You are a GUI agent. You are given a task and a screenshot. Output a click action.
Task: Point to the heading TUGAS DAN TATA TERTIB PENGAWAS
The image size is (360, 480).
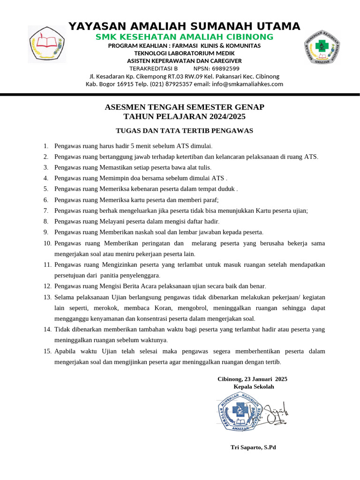pyautogui.click(x=184, y=130)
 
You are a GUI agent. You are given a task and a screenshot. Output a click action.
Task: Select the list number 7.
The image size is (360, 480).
pyautogui.click(x=46, y=210)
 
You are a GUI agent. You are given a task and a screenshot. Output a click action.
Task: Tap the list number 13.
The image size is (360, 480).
pyautogui.click(x=47, y=297)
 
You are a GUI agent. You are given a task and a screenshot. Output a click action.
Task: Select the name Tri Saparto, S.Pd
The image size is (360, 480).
pyautogui.click(x=253, y=447)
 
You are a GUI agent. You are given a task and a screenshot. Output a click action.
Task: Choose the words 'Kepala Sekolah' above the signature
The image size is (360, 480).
pyautogui.click(x=254, y=387)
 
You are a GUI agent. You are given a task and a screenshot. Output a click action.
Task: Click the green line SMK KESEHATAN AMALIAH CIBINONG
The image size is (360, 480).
pyautogui.click(x=184, y=37)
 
